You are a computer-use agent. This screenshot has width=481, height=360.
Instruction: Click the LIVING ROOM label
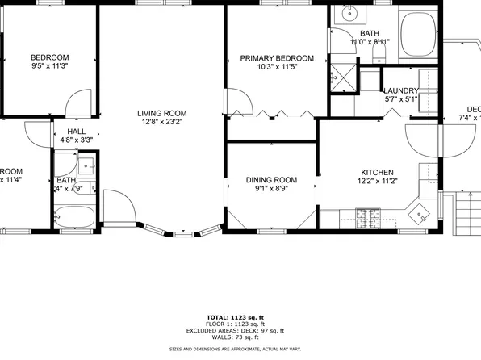click(x=161, y=113)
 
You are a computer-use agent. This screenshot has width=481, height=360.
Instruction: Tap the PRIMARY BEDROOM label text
click(x=277, y=58)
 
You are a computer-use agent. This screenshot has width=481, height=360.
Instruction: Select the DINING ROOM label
click(x=271, y=180)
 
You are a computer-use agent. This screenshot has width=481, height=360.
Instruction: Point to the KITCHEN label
click(x=377, y=173)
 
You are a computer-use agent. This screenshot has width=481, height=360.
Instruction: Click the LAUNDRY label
click(x=400, y=91)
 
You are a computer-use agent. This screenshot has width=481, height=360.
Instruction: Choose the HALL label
click(x=77, y=131)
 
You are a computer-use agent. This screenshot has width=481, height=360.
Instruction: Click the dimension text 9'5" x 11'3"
click(x=50, y=67)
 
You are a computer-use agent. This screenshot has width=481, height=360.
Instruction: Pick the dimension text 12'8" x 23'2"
click(x=161, y=123)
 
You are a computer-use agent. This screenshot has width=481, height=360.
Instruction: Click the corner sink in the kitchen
click(x=420, y=213)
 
